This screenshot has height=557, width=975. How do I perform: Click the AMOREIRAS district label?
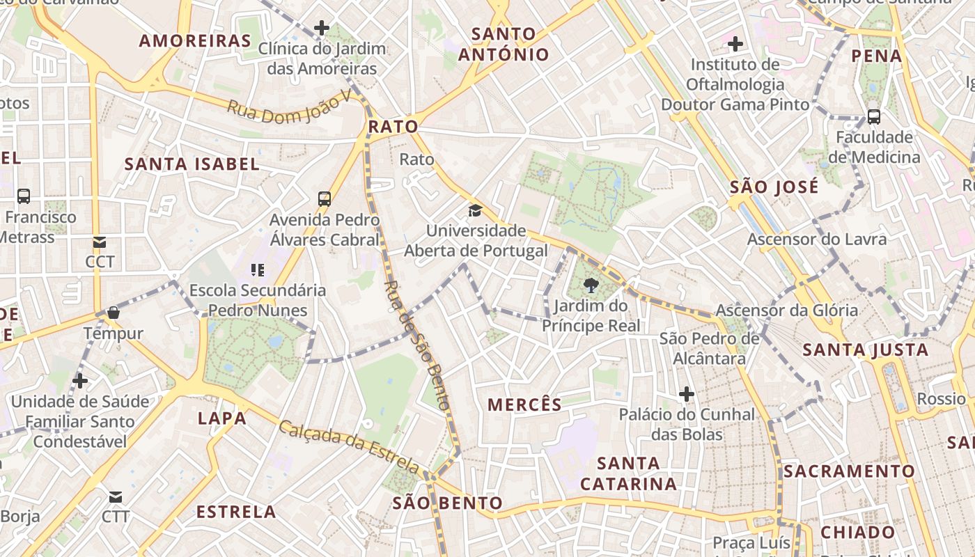[194, 40]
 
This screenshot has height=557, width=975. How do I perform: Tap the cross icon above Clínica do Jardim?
[321, 28]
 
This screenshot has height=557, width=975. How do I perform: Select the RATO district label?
[393, 127]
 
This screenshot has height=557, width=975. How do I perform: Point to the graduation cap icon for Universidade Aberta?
[474, 210]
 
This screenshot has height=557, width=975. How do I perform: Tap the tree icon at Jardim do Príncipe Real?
[591, 285]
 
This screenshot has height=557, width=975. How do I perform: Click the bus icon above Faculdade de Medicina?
[873, 117]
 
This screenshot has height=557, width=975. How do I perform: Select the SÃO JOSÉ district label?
[774, 187]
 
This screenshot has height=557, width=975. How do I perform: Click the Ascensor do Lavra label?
[817, 240]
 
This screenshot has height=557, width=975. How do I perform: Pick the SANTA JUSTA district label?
[866, 350]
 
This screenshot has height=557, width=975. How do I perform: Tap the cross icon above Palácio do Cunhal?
[687, 394]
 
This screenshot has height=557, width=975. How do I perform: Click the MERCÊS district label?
[524, 405]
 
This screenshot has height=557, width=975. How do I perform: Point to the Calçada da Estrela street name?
[348, 446]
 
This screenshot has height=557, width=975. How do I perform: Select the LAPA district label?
[222, 418]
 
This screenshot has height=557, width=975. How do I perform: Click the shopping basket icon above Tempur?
[113, 313]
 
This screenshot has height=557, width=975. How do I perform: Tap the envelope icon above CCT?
[100, 242]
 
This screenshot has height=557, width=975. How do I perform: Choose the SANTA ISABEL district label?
[192, 164]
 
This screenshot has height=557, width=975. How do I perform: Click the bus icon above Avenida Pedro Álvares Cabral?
[324, 198]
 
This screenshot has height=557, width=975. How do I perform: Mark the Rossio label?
[941, 399]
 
